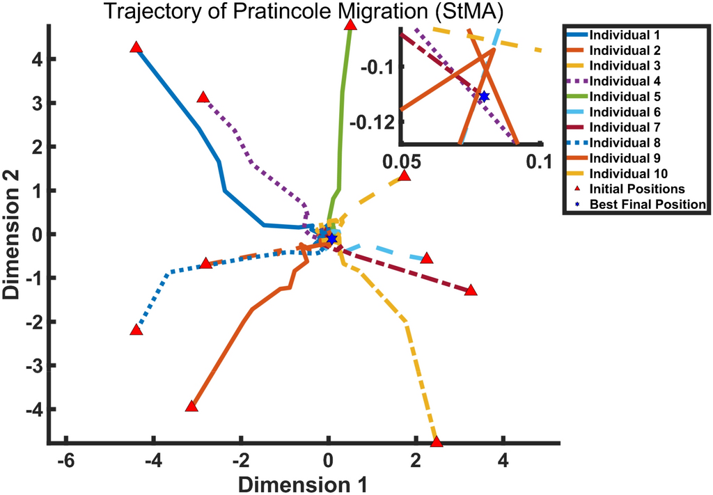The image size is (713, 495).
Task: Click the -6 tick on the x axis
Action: (66, 460)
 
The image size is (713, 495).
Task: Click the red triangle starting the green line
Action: (350, 25)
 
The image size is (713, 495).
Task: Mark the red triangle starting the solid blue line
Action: (136, 47)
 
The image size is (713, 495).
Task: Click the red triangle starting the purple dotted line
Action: (203, 97)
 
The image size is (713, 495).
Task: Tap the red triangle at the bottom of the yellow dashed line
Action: (437, 442)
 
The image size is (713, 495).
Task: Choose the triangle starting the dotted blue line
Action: (136, 329)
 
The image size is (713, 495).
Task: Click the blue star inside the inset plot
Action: (484, 96)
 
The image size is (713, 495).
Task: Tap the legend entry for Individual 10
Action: (624, 173)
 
